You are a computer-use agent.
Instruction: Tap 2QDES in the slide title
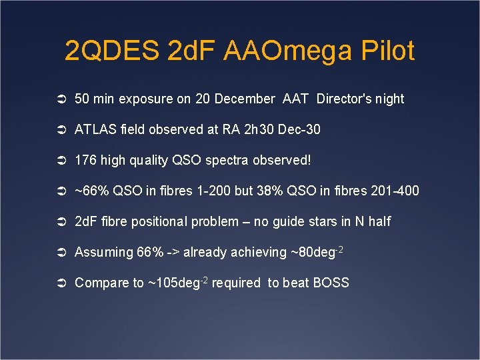[112, 51]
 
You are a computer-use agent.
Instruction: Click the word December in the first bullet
[245, 99]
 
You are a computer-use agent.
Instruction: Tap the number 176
[85, 161]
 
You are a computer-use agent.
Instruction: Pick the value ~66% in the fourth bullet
[90, 191]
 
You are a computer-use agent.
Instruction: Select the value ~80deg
[313, 253]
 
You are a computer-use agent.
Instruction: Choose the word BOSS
[331, 283]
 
